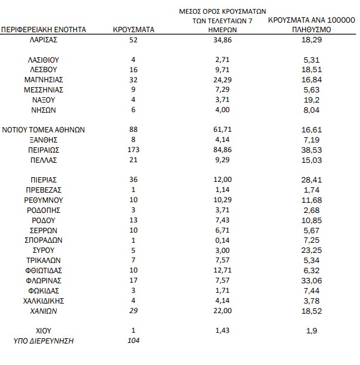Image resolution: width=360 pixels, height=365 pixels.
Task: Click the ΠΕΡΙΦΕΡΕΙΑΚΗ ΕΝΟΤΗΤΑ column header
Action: click(44, 29)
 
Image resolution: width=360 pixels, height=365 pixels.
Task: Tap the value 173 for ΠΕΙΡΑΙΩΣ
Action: click(134, 150)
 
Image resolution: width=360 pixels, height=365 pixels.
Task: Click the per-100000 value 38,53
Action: click(312, 150)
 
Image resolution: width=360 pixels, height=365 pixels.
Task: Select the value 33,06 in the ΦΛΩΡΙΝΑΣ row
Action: click(312, 280)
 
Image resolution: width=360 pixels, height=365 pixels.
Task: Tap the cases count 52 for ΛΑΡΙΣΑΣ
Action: click(134, 39)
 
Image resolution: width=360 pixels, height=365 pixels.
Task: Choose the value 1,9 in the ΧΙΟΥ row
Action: click(312, 330)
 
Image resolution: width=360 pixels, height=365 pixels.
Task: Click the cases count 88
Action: click(134, 129)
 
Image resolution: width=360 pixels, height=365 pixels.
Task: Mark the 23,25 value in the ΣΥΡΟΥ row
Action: click(312, 249)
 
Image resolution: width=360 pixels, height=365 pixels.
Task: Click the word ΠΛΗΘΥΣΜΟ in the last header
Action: click(312, 29)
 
